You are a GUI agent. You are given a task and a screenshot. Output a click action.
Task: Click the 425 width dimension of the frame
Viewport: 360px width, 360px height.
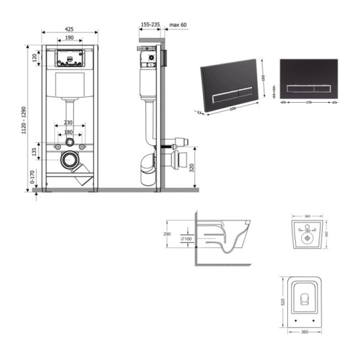tap(69, 29)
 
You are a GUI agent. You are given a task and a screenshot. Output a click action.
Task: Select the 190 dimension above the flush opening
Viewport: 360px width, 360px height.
tap(69, 39)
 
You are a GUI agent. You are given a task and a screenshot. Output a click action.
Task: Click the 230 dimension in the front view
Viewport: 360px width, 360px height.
tap(69, 122)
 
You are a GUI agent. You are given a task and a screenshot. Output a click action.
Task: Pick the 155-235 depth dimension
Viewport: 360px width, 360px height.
tap(150, 24)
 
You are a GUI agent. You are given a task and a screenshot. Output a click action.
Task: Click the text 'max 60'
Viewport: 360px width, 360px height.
tap(178, 24)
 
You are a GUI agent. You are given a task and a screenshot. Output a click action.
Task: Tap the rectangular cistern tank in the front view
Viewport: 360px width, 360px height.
tap(69, 84)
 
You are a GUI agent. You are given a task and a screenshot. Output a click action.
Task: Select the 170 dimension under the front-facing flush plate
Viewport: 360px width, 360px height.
tap(307, 102)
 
